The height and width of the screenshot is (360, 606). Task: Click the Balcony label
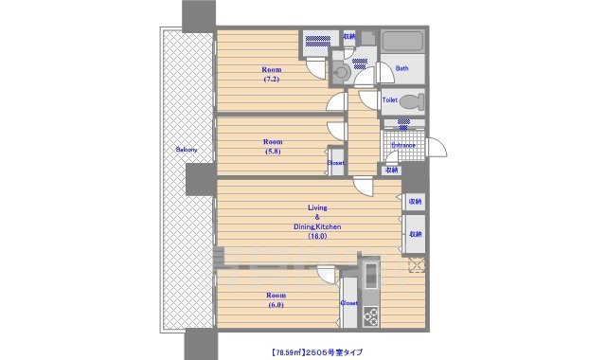(x=186, y=150)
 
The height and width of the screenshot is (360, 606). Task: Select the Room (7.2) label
(x=273, y=74)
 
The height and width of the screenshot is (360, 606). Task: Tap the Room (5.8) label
(x=273, y=146)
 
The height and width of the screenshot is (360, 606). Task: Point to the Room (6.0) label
(x=274, y=300)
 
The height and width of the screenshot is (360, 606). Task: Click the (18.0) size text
(x=316, y=237)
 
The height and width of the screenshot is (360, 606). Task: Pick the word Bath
(x=401, y=68)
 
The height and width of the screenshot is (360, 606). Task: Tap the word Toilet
(x=389, y=99)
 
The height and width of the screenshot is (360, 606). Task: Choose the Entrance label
(x=404, y=145)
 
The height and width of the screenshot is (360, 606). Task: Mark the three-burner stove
(x=369, y=316)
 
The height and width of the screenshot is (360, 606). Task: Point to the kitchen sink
(x=369, y=276)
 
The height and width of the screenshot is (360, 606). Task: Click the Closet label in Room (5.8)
(x=336, y=163)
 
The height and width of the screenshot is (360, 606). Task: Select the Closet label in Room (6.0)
(x=348, y=303)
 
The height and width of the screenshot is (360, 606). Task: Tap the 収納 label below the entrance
(x=392, y=171)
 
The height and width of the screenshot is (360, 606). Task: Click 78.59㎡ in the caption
(x=281, y=350)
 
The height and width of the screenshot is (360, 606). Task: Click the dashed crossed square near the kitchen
(x=415, y=264)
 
